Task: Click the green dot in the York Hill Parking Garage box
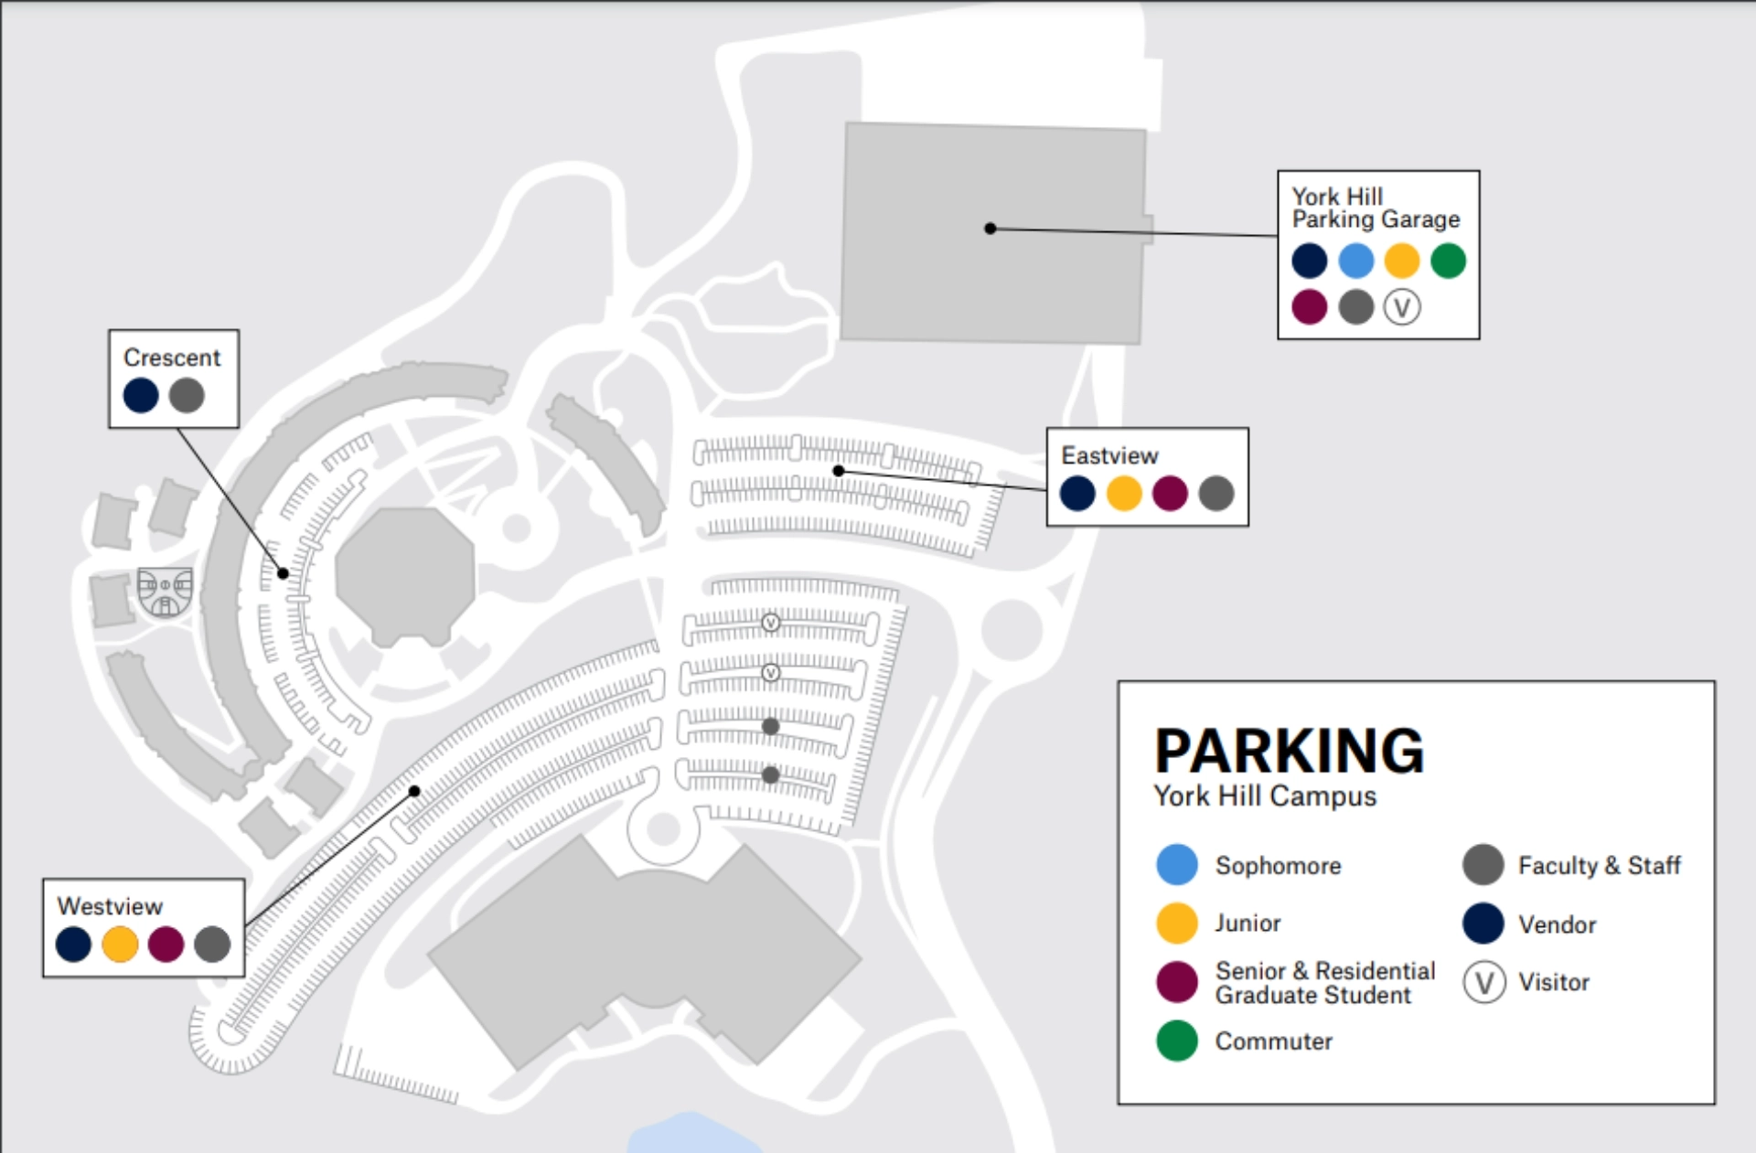pos(1448,261)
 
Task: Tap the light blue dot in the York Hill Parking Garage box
pos(1355,261)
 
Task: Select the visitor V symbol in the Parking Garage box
pos(1401,307)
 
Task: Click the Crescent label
pos(172,358)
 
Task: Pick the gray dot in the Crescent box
pos(187,396)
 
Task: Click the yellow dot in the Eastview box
pos(1124,494)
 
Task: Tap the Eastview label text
pos(1109,455)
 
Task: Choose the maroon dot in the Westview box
pos(166,945)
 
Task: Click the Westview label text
pos(110,906)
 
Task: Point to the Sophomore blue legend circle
pos(1177,865)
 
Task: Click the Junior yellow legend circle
pos(1177,923)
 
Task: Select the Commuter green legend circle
pos(1177,1041)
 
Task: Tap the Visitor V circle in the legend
pos(1483,983)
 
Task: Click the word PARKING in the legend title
pos(1289,751)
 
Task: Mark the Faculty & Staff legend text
pos(1599,865)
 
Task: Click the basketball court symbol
pos(166,591)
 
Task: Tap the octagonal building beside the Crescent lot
pos(405,574)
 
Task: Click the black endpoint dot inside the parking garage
pos(990,229)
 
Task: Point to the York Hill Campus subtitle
pos(1265,796)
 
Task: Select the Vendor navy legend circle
pos(1483,923)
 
